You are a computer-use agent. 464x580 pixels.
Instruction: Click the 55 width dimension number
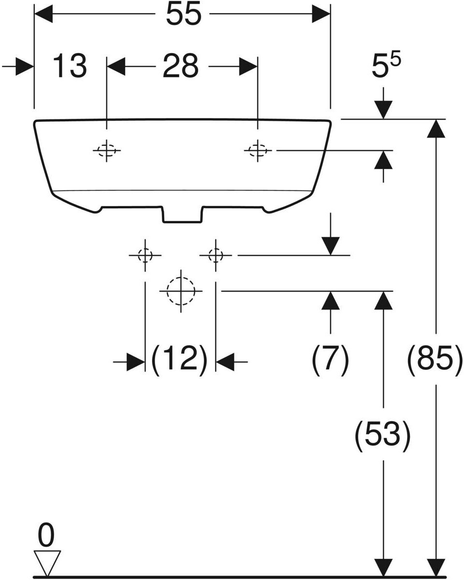click(x=183, y=15)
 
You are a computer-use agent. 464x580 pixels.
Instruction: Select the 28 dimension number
click(x=180, y=66)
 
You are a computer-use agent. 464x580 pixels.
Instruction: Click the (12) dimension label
click(x=180, y=360)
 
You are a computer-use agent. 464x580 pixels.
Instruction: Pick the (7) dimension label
click(x=330, y=360)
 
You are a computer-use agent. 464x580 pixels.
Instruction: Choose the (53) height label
click(x=383, y=435)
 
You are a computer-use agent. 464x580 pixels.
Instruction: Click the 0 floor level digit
click(x=46, y=536)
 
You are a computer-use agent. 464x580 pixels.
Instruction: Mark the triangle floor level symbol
click(x=46, y=562)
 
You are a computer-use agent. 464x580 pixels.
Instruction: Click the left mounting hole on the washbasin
click(x=107, y=151)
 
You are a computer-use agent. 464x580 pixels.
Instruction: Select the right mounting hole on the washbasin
click(x=258, y=151)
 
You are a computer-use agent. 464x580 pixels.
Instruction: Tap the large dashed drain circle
click(x=181, y=291)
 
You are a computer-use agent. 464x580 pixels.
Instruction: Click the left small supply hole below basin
click(x=145, y=255)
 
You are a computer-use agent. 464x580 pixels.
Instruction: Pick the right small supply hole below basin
click(x=216, y=255)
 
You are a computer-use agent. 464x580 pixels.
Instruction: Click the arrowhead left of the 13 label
click(x=23, y=67)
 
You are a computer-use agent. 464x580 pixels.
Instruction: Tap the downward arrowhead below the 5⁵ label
click(x=383, y=109)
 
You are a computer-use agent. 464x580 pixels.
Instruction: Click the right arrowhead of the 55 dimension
click(x=320, y=14)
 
